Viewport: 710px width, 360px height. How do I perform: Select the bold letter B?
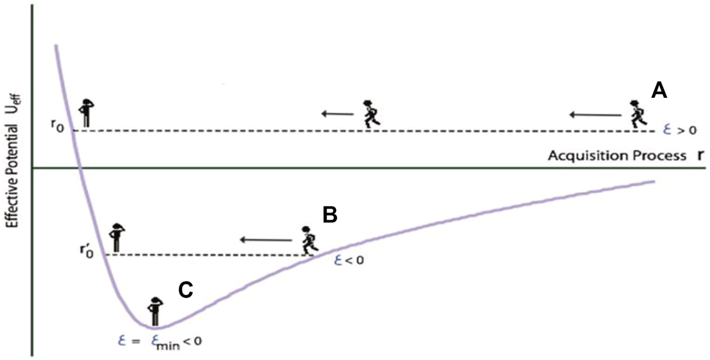[330, 215]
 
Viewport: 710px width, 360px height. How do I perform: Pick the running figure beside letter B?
[308, 240]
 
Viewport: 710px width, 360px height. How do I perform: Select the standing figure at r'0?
[116, 238]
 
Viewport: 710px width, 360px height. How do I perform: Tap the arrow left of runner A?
[595, 115]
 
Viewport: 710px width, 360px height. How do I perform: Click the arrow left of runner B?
[267, 239]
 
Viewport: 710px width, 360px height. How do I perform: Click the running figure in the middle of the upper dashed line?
[371, 114]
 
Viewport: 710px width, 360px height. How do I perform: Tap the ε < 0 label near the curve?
[348, 260]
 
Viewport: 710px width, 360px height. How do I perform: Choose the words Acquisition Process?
[617, 156]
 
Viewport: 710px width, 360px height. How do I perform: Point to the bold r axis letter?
[700, 155]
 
